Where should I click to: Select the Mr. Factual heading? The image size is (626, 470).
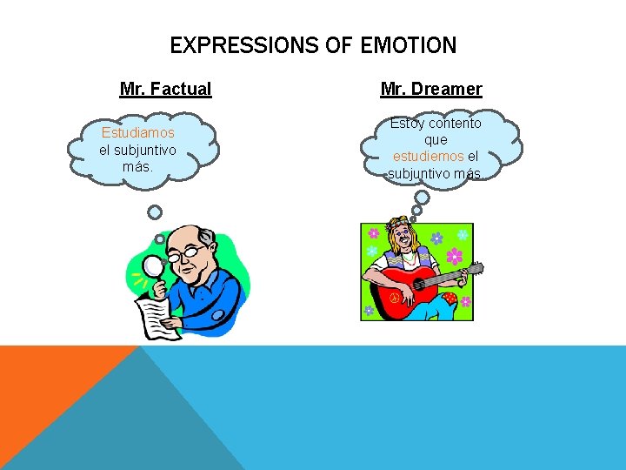[x=165, y=89]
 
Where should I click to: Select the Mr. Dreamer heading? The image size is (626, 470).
[x=431, y=89]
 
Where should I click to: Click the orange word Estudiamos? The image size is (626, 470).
[x=137, y=133]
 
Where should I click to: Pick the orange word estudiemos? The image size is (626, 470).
[x=428, y=157]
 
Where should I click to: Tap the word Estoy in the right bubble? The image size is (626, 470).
[x=406, y=124]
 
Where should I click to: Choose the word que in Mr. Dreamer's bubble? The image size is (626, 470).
[x=436, y=140]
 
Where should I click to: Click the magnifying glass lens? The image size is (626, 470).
[x=154, y=265]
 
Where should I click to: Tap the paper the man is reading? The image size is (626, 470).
[x=159, y=317]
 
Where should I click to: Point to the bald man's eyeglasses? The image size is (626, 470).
[x=189, y=254]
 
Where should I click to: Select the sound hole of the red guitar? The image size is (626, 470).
[x=415, y=284]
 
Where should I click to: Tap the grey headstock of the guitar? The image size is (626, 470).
[x=474, y=270]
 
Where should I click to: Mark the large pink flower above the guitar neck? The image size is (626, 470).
[x=454, y=256]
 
